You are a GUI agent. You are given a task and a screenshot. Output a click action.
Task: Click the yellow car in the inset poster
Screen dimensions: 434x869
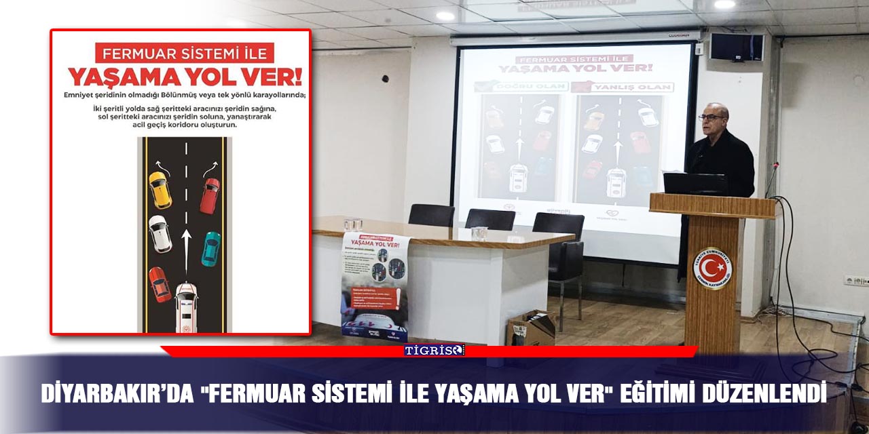click(160, 190)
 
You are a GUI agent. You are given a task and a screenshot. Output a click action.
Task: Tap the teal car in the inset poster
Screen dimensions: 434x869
click(211, 249)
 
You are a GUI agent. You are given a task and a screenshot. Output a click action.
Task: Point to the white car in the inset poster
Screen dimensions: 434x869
click(160, 233)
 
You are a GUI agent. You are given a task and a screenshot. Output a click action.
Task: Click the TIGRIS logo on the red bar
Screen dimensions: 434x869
click(434, 350)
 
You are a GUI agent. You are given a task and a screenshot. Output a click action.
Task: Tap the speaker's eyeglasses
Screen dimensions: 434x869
click(711, 117)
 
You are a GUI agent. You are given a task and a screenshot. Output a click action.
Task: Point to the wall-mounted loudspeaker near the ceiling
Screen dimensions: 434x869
click(737, 47)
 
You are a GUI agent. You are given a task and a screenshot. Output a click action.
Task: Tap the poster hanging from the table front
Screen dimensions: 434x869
click(375, 285)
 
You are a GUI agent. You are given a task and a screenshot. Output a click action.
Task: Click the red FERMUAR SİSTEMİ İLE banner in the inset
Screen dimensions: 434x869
click(185, 53)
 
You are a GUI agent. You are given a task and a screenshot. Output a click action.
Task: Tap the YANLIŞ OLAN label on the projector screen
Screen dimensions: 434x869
click(623, 87)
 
